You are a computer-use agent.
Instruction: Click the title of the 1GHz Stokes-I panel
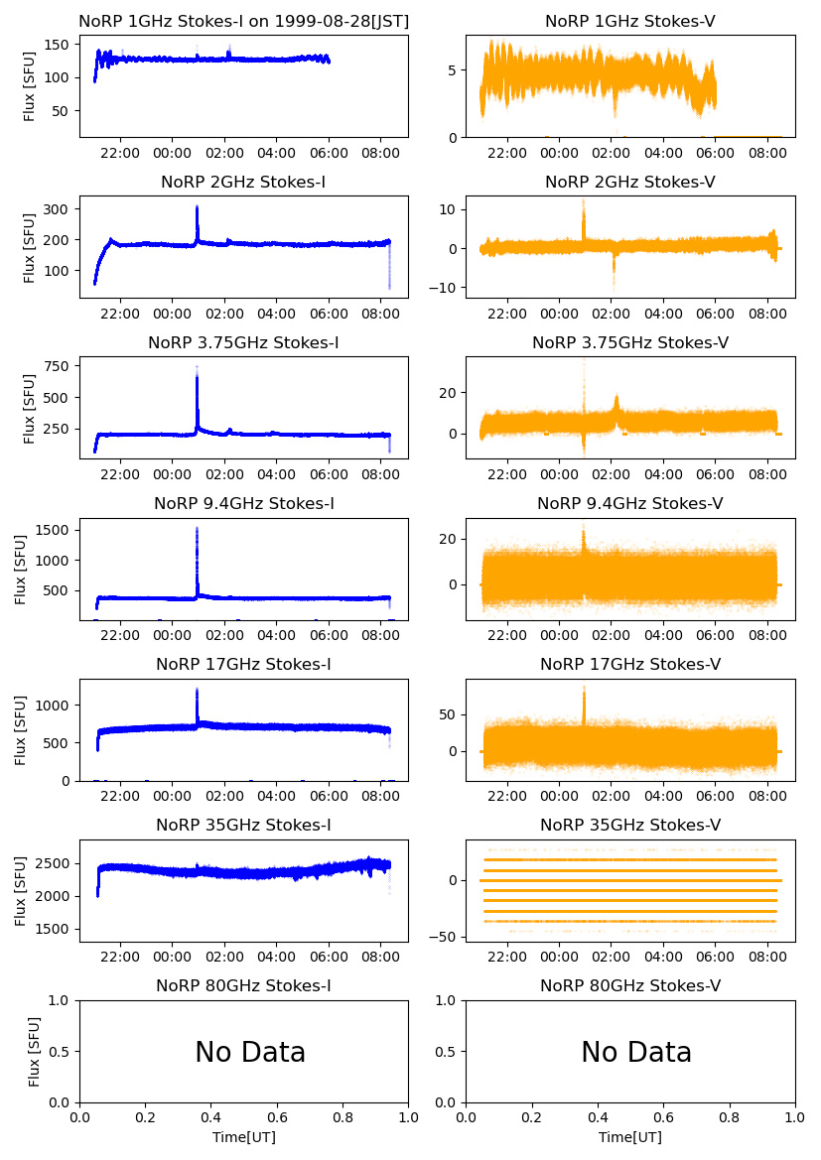point(243,21)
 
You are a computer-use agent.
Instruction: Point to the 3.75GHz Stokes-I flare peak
point(197,368)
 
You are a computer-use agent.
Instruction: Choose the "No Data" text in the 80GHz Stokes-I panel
point(250,1053)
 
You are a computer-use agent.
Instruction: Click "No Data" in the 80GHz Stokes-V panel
point(636,1053)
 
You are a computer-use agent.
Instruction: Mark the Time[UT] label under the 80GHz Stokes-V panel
point(630,1137)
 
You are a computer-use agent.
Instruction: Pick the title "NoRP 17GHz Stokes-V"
point(630,664)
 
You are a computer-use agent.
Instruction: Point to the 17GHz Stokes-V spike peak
point(584,687)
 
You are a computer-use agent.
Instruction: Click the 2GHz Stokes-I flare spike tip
point(197,207)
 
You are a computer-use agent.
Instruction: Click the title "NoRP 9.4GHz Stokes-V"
point(630,503)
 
